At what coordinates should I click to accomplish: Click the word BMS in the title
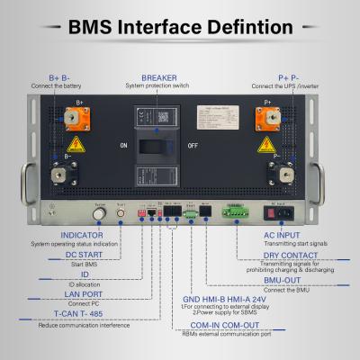pyautogui.click(x=100, y=26)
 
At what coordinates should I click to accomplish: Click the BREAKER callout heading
pyautogui.click(x=159, y=78)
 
